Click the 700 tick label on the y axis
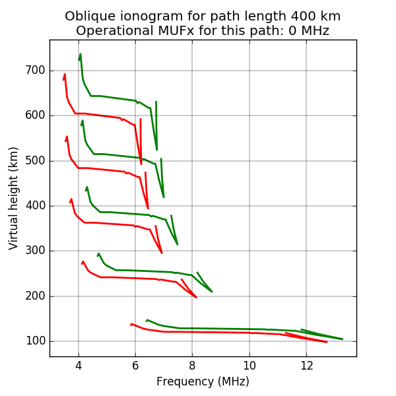pos(35,71)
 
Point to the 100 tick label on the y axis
pos(35,341)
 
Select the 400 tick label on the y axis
pos(35,206)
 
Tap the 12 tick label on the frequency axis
pos(306,366)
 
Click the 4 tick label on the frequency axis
pos(79,366)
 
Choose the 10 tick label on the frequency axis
pos(249,366)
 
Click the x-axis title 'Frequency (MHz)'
pos(203,381)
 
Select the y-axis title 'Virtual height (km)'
pos(14,198)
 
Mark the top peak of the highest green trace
pos(81,54)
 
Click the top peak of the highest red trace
pos(65,75)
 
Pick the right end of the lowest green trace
pos(343,339)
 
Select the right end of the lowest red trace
pos(327,342)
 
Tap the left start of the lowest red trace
pos(131,324)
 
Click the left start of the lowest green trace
pos(147,320)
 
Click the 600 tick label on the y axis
pos(35,115)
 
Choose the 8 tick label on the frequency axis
pos(192,366)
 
